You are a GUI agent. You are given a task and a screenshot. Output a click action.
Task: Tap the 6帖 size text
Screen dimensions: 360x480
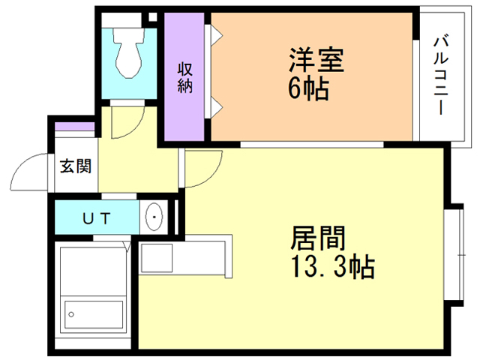click(x=308, y=89)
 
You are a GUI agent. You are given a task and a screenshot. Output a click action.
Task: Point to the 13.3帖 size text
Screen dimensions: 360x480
click(x=331, y=266)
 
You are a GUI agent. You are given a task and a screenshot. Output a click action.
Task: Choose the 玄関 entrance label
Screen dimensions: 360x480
click(x=75, y=166)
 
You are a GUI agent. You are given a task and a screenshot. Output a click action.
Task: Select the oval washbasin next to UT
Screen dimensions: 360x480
click(x=154, y=218)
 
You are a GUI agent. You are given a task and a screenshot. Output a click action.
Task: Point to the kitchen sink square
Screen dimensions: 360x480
click(x=156, y=259)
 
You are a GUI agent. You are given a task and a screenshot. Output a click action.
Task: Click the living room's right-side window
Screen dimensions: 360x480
click(x=454, y=252)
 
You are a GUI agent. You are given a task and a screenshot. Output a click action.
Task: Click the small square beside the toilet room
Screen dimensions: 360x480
click(x=153, y=16)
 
